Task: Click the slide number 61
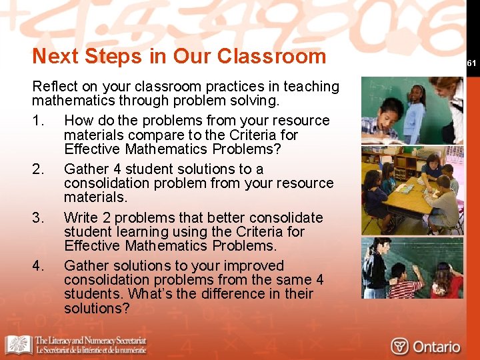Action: coord(471,63)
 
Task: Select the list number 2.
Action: coord(37,169)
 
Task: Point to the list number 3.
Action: coord(37,218)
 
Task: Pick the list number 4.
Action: coord(37,266)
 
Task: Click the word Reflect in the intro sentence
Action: coord(55,87)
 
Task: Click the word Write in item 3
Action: coord(81,218)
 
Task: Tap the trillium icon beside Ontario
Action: coord(399,347)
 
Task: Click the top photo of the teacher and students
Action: coord(412,111)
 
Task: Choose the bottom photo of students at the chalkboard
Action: coord(412,267)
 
